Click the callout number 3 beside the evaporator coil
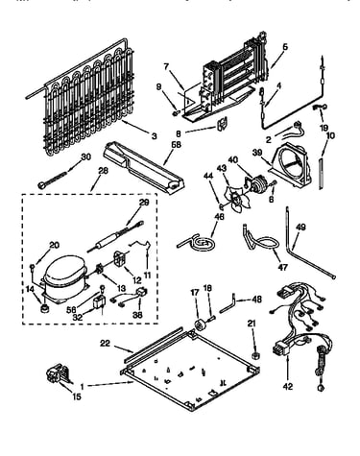click(155, 136)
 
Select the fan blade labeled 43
click(235, 198)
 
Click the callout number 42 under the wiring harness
click(288, 386)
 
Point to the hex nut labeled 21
click(255, 355)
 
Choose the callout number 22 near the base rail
click(105, 343)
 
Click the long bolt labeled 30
click(52, 180)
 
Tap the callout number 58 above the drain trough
click(176, 145)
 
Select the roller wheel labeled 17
click(201, 324)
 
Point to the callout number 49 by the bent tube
click(300, 228)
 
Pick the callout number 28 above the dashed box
click(103, 170)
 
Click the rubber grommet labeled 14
click(43, 308)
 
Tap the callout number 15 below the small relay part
click(77, 396)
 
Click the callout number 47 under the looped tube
click(282, 267)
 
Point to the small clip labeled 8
click(222, 124)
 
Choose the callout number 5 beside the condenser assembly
click(285, 46)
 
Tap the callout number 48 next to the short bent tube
click(256, 300)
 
